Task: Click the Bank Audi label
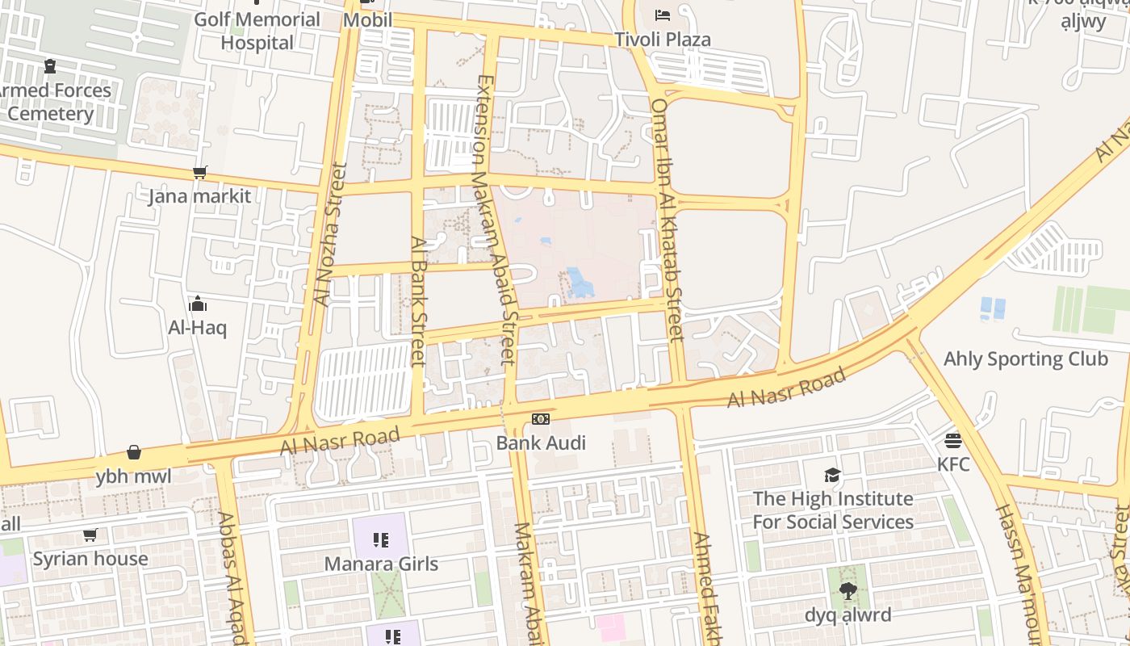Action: point(541,443)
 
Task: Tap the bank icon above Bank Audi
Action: point(541,418)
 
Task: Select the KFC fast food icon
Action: point(953,441)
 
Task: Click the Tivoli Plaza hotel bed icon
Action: point(662,15)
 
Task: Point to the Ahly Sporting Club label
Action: point(1025,359)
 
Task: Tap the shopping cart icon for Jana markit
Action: point(199,172)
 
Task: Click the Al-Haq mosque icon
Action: point(197,304)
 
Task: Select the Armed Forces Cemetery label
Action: point(53,102)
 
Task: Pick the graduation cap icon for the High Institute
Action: point(832,475)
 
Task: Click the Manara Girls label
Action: point(381,564)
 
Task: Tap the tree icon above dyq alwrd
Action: point(847,591)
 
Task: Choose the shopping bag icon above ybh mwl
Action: point(134,453)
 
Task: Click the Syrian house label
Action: point(90,559)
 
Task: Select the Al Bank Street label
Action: point(417,300)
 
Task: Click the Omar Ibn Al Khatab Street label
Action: point(668,220)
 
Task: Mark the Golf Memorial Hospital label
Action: point(257,31)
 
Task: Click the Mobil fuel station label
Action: point(367,19)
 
